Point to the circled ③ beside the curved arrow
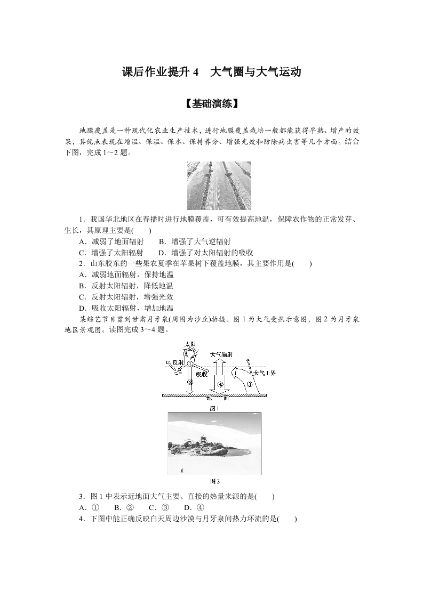click(x=249, y=384)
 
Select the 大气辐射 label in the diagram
click(x=221, y=354)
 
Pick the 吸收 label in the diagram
click(x=201, y=374)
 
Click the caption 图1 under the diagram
click(x=214, y=409)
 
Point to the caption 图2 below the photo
click(x=214, y=481)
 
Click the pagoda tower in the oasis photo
click(x=204, y=442)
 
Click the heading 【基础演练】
click(x=211, y=104)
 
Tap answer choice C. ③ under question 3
click(x=159, y=508)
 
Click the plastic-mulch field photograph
click(x=219, y=185)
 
